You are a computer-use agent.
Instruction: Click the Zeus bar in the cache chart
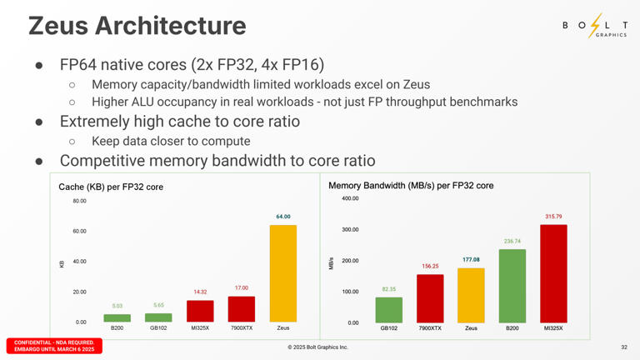tap(282, 273)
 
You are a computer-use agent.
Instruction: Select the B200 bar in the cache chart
tap(117, 317)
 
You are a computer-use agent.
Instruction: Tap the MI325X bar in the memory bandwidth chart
tap(553, 273)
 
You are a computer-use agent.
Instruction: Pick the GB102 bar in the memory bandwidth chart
tap(389, 309)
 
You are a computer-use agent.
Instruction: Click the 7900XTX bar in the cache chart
tap(242, 309)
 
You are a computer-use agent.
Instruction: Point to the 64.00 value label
tap(283, 217)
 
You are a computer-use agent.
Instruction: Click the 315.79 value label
tap(553, 217)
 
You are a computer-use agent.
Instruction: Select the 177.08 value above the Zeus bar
tap(471, 260)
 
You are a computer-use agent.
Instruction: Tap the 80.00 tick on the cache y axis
tap(79, 201)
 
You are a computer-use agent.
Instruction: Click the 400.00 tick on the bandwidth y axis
tap(350, 198)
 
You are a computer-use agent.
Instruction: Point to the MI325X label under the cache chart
tap(200, 328)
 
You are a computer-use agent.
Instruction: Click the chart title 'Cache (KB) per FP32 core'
tap(111, 187)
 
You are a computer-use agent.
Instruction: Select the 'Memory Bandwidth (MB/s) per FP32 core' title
tap(411, 185)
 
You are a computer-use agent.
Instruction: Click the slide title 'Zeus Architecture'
tap(137, 26)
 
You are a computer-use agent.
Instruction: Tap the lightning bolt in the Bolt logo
tap(594, 27)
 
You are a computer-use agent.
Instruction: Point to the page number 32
tap(624, 347)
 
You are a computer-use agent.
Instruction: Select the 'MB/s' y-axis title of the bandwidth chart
tap(333, 262)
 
